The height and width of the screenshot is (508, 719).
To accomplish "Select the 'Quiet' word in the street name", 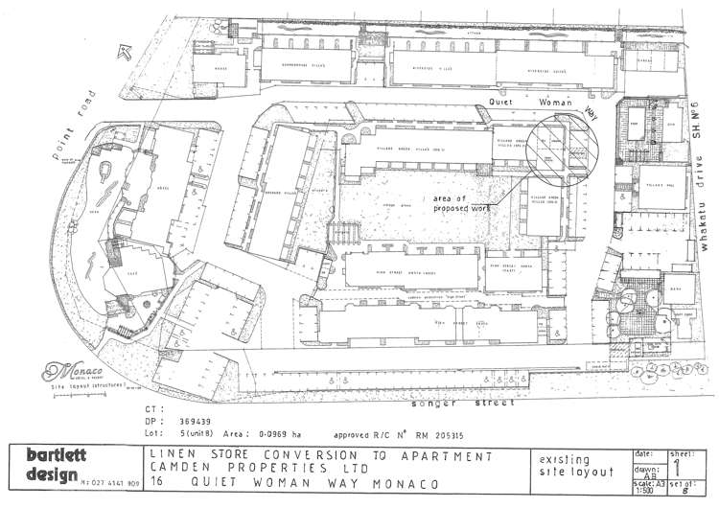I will (x=505, y=100).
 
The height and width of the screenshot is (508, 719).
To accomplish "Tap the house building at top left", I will (x=220, y=67).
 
